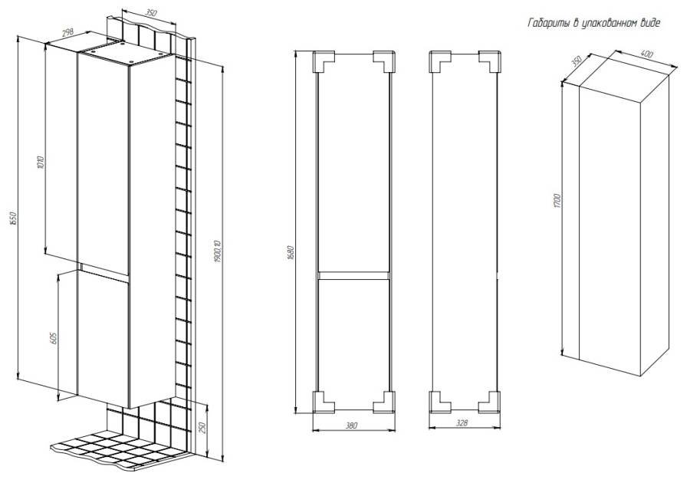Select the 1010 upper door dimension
point(41,163)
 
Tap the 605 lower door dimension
point(54,338)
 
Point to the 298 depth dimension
point(67,32)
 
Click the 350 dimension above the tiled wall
point(150,14)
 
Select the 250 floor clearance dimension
point(202,429)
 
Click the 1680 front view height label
point(291,252)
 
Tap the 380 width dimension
point(351,426)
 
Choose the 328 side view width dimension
point(462,422)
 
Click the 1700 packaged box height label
point(557,200)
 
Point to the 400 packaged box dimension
point(646,54)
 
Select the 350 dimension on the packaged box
point(577,61)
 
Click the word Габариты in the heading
point(548,23)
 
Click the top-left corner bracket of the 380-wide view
point(324,61)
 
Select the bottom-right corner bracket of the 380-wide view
point(384,402)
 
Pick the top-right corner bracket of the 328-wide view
point(490,61)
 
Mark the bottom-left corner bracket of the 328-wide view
point(439,402)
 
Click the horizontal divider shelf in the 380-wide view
point(353,275)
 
